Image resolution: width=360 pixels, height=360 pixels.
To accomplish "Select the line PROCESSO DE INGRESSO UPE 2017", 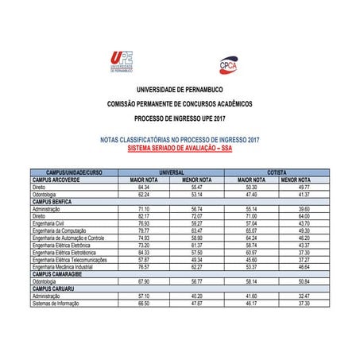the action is click(x=180, y=118).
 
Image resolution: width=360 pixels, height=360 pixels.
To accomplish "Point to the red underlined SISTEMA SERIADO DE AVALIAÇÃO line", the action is click(x=180, y=148).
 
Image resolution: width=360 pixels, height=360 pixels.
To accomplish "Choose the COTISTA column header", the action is click(x=277, y=172).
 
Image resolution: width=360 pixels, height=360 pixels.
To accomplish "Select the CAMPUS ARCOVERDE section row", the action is click(x=57, y=180).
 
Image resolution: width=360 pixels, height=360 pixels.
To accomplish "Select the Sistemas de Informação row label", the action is click(x=58, y=303).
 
